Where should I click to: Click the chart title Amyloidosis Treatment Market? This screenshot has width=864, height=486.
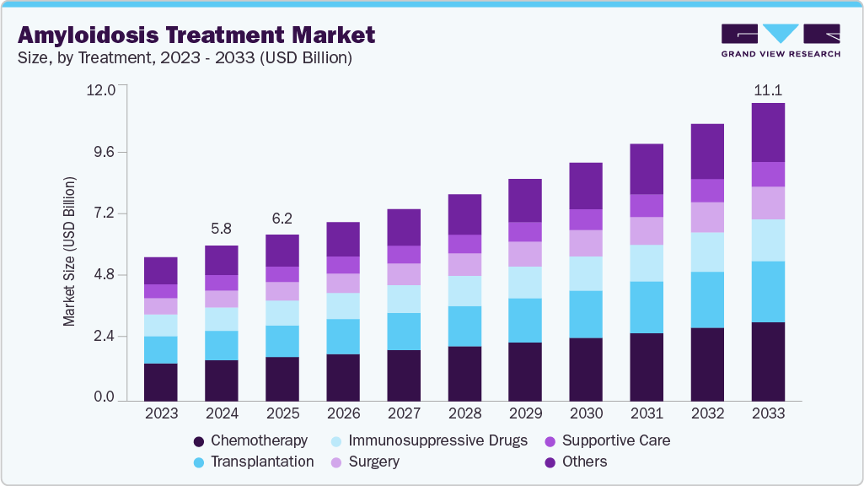tap(196, 35)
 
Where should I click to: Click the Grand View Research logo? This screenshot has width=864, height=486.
tap(780, 40)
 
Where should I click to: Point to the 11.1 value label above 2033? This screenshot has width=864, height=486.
tap(768, 90)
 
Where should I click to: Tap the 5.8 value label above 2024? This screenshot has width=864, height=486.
tap(222, 229)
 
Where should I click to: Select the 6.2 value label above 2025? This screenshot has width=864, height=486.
tap(282, 219)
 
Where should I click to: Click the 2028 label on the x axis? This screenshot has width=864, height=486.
tap(464, 413)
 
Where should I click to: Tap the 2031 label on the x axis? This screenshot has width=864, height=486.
tap(647, 413)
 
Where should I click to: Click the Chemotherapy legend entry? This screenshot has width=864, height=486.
tap(250, 440)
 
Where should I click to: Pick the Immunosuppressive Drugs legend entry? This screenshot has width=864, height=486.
tap(428, 440)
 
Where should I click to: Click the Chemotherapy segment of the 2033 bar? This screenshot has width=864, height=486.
tap(768, 360)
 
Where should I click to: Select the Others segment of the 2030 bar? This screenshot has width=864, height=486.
tap(586, 186)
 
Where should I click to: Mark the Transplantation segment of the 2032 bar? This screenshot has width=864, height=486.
tap(707, 300)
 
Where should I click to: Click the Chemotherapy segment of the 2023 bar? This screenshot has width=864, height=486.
tap(161, 381)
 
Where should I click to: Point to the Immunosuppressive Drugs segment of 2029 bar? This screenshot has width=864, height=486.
tap(525, 283)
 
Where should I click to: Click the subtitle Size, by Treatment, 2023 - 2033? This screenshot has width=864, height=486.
tap(185, 58)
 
